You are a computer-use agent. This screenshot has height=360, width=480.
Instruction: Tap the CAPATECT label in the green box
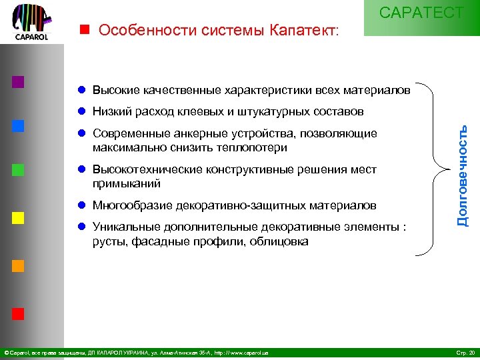421,13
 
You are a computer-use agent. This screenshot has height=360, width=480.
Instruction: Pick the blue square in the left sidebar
18,126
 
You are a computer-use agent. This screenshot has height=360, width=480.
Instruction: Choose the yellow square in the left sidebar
18,217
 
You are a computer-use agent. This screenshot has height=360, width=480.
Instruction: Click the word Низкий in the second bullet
111,111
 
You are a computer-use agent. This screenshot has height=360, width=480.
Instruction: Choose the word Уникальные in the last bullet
122,227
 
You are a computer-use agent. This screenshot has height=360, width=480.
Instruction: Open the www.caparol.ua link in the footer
247,352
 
